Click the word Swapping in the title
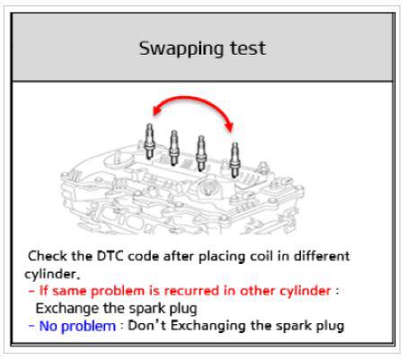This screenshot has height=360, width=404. coord(181,48)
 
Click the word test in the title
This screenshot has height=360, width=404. coord(248,48)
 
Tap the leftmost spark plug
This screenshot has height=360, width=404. coord(149,141)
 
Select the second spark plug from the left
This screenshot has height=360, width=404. coord(174,147)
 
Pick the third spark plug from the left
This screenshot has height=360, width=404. coord(201,154)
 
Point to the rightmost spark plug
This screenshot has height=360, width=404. coord(235,160)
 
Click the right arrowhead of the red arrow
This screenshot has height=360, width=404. coord(229,127)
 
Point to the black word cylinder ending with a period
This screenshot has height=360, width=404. coord(52,274)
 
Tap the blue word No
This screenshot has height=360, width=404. coord(48,326)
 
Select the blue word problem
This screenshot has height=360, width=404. coord(89,327)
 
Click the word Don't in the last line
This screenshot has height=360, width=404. coord(147,325)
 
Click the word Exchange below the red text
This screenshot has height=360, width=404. coord(67,308)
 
